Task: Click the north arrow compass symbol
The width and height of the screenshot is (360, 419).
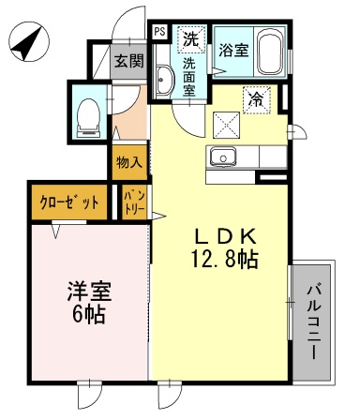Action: point(29,42)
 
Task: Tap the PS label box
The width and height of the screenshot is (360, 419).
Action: point(160,32)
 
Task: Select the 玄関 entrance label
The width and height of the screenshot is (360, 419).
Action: point(128,61)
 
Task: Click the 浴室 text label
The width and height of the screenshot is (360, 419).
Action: point(233,50)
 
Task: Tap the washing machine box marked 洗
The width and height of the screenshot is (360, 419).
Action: point(191,39)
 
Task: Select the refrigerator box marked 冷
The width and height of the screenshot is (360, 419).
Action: point(257,100)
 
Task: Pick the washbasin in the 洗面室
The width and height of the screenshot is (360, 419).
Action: point(164,80)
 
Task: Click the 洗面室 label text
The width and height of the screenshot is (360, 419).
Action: point(189,77)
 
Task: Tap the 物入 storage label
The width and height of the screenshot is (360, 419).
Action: point(129,162)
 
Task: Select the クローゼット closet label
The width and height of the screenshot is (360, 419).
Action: point(69,203)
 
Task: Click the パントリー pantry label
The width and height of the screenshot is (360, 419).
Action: point(135,203)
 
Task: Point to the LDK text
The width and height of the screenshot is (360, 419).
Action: point(226,236)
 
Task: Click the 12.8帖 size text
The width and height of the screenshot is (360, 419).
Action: point(224,260)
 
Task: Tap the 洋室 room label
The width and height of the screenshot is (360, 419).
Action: point(89,292)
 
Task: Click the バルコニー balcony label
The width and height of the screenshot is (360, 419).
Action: point(314,322)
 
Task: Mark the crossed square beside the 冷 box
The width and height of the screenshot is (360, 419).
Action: point(227,125)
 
